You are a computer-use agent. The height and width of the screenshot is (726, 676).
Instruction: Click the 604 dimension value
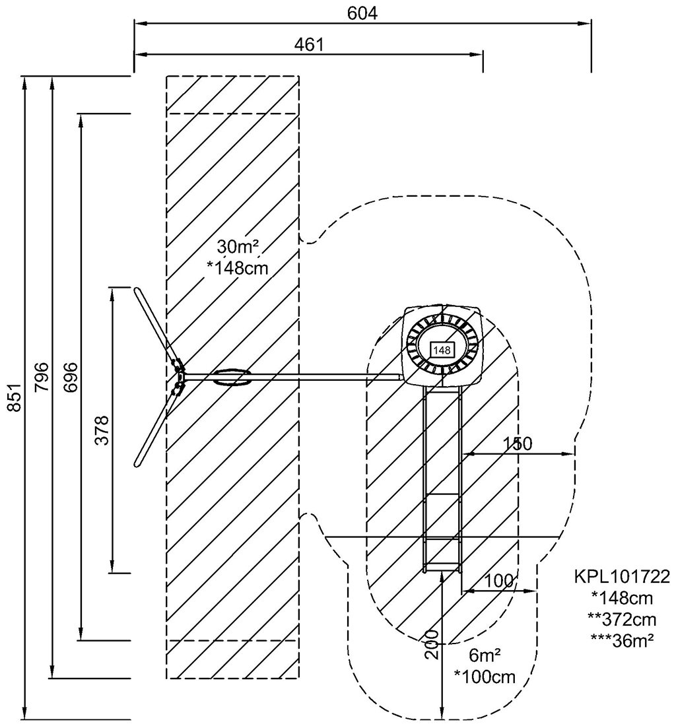(x=362, y=13)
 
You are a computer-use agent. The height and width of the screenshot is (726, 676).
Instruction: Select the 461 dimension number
(x=309, y=45)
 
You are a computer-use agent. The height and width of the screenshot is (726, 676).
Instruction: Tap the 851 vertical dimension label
(x=15, y=397)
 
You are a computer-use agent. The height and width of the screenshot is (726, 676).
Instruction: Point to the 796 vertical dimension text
(x=42, y=376)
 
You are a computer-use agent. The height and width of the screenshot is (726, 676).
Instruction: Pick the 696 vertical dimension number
(x=70, y=378)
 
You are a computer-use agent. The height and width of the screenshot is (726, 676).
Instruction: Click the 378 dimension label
(x=101, y=430)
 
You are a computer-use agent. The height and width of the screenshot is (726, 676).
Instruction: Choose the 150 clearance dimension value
(x=517, y=444)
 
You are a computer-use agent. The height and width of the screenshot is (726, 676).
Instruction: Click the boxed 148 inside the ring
(x=442, y=350)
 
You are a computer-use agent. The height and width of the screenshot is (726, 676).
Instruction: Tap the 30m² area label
(x=238, y=247)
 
